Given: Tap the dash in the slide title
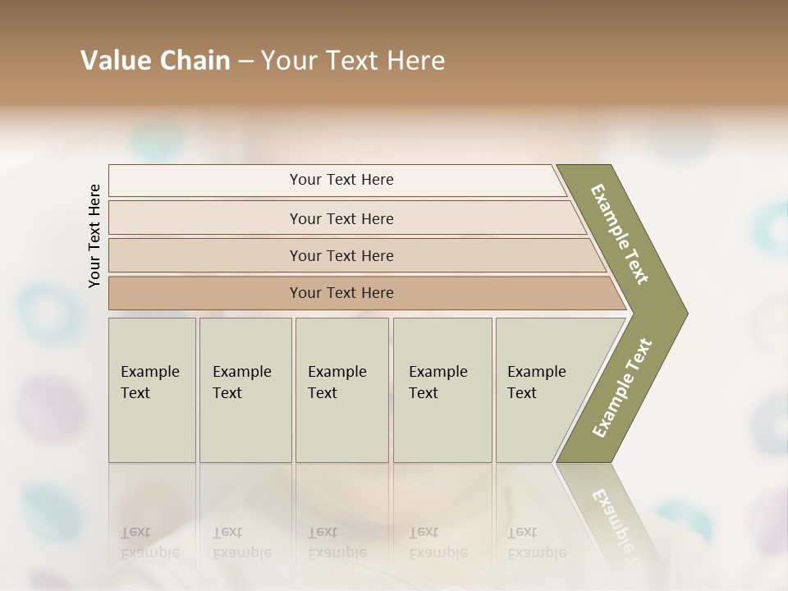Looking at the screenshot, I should (x=245, y=61).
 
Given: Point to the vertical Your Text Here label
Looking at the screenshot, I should (x=94, y=236).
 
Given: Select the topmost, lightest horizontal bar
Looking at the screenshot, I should (x=341, y=180).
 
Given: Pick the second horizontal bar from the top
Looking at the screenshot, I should (x=341, y=218).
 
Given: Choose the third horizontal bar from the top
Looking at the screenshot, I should (x=341, y=255).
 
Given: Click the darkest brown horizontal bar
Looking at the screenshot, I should (x=341, y=293).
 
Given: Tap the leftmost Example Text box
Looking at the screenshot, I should (x=152, y=390).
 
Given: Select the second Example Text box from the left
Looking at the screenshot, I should (x=245, y=390).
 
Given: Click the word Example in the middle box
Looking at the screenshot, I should (x=337, y=372).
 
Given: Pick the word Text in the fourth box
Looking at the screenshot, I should (x=424, y=393).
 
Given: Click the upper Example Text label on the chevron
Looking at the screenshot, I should (x=620, y=234).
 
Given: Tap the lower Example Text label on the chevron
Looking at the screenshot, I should (x=621, y=387).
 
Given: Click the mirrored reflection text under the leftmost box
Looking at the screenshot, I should (x=150, y=543).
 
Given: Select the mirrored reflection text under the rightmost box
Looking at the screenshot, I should (x=537, y=543).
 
